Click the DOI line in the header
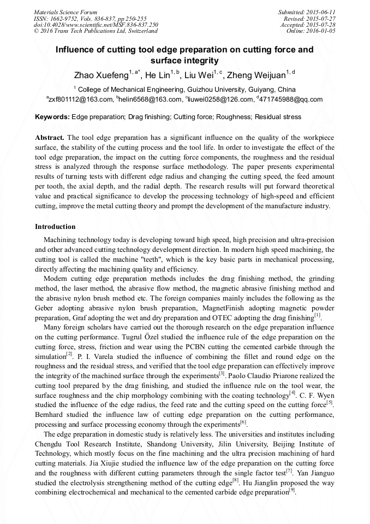pyautogui.click(x=96, y=25)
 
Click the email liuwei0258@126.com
pyautogui.click(x=222, y=99)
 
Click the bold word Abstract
pyautogui.click(x=50, y=137)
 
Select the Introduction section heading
pyautogui.click(x=55, y=227)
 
